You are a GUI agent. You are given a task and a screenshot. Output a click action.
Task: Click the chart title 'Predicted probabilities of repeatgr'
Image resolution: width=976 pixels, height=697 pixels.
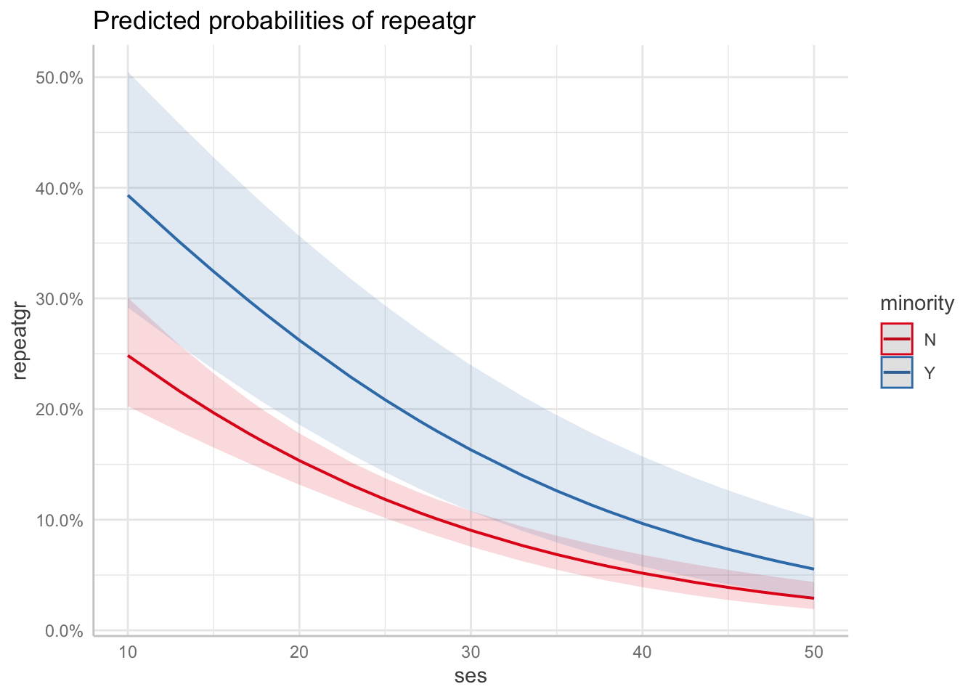tap(284, 21)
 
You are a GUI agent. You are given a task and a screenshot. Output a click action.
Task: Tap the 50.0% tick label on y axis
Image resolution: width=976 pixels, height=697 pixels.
tap(59, 78)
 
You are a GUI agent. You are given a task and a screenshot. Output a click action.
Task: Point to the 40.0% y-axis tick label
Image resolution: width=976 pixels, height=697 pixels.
tap(59, 189)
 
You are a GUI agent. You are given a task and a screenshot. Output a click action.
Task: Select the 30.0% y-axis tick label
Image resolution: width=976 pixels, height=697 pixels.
tap(59, 299)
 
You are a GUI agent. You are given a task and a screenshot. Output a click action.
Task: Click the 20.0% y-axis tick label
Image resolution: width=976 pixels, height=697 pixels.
tap(59, 409)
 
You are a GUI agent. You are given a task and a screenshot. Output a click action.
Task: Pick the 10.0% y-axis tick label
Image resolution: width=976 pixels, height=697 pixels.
tap(59, 521)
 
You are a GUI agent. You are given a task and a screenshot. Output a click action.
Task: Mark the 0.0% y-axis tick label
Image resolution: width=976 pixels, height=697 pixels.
tap(62, 631)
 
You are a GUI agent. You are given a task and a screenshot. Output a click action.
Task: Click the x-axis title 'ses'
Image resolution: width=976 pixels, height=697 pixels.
tap(471, 677)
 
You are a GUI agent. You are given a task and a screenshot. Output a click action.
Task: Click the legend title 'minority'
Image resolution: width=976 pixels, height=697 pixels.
tap(916, 303)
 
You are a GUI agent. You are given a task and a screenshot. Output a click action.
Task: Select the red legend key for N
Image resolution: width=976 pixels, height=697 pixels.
tap(897, 338)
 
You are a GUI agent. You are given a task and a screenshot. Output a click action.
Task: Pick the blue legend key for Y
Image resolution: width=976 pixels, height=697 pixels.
tap(897, 372)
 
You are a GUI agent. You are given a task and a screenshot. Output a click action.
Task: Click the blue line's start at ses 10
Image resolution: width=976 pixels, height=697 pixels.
tap(128, 195)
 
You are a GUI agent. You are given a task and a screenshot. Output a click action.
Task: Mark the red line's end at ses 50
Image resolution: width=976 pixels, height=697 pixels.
tap(813, 598)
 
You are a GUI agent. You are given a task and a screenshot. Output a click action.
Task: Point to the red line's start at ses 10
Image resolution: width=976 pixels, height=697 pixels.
tap(128, 356)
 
